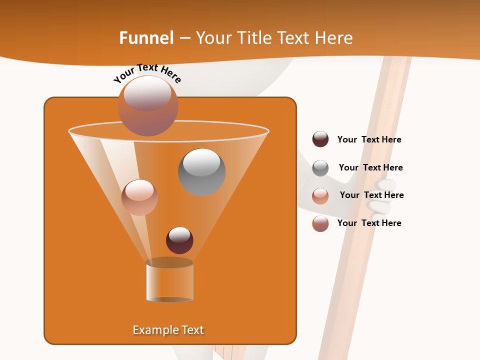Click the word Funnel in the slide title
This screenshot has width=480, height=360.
tap(146, 38)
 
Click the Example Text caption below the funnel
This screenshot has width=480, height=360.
tap(168, 330)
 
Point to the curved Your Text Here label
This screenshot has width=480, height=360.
tap(147, 73)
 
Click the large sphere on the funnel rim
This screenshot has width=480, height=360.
tap(148, 105)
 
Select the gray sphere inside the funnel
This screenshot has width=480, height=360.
tap(202, 172)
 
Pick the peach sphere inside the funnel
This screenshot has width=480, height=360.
tap(139, 197)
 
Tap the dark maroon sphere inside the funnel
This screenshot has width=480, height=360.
tap(179, 240)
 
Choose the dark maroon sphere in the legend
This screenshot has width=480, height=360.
tap(320, 139)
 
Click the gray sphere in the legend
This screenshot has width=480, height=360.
tap(320, 168)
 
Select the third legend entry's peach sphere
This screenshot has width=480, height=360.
tap(320, 196)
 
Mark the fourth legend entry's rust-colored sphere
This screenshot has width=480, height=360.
tap(320, 223)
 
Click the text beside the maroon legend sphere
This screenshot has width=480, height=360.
tap(369, 139)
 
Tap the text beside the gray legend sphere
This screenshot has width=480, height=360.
tap(370, 167)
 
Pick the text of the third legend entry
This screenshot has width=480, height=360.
tap(371, 195)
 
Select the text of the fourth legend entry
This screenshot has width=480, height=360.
tap(369, 223)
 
